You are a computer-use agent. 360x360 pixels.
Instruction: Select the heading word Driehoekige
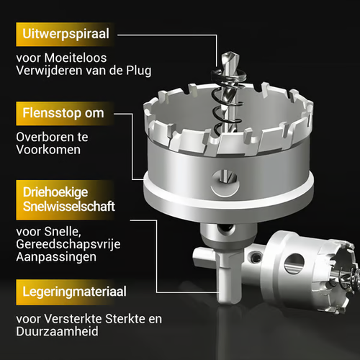[54, 193]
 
